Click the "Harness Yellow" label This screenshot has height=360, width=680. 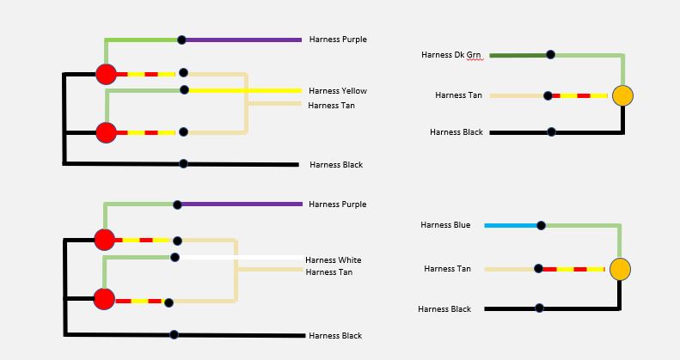(337, 91)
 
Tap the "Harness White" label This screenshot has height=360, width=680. (333, 260)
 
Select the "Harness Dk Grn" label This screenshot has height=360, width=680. (451, 55)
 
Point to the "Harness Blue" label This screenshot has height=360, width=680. (445, 225)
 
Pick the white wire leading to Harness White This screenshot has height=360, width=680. (242, 258)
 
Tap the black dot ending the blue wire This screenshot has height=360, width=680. (541, 225)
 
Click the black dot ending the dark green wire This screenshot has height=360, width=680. (550, 55)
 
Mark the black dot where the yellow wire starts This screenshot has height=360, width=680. (184, 89)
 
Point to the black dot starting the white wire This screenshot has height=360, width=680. (175, 258)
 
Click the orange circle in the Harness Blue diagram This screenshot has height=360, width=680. (620, 269)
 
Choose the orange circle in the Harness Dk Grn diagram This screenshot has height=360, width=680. (622, 95)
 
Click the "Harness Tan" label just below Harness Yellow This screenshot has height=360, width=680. (331, 106)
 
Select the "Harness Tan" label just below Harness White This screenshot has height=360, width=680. (329, 272)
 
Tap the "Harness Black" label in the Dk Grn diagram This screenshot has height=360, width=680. (456, 132)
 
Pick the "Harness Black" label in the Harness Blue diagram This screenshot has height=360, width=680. (444, 309)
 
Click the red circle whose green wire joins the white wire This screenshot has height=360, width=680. (104, 299)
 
